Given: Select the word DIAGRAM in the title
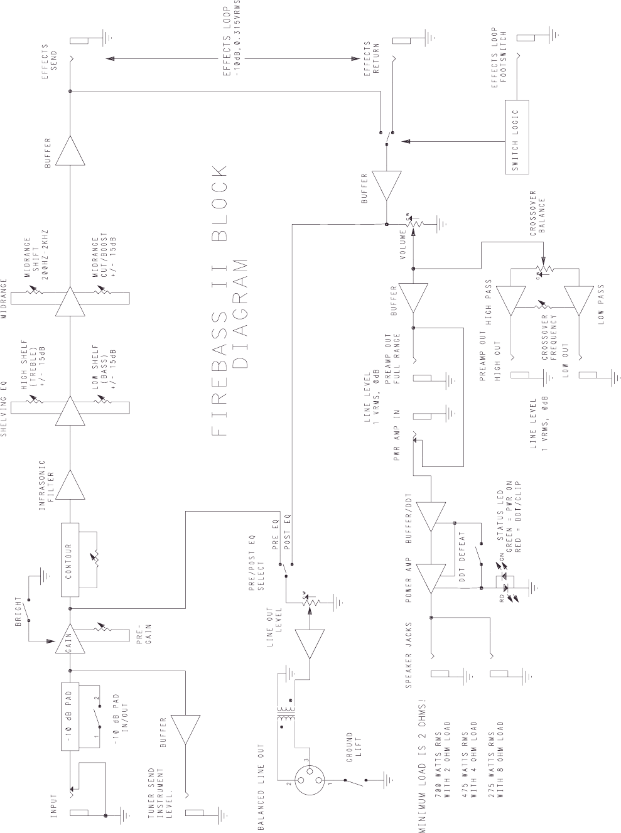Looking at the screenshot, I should tap(239, 314).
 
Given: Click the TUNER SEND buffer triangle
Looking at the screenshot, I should tap(186, 730).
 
